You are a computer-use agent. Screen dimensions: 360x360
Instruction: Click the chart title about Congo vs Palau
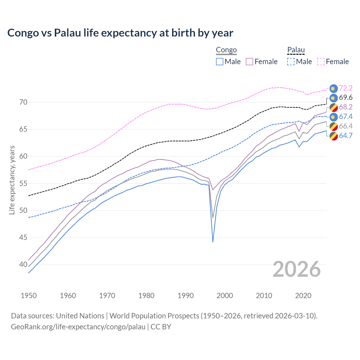[120, 33]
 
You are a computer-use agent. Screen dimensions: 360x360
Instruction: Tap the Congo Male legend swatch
[220, 62]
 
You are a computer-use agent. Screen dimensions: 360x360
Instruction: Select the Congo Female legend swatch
[249, 62]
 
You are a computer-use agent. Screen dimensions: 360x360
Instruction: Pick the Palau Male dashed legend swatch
[291, 62]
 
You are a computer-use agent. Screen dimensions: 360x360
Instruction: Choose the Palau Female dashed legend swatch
[321, 62]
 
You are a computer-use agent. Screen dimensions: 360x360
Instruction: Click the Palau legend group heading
[296, 50]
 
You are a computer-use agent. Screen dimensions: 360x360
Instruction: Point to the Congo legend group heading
[226, 50]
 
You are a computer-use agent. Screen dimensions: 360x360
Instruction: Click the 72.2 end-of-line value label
[346, 88]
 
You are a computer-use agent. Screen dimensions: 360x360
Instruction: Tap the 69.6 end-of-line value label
[346, 98]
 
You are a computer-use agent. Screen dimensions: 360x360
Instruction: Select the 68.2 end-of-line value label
[346, 107]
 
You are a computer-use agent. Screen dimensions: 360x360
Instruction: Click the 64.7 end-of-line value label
[346, 136]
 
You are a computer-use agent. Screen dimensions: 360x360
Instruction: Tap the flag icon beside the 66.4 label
[334, 126]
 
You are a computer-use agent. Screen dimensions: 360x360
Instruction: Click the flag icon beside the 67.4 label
[334, 117]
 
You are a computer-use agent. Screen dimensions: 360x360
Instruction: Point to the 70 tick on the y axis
[23, 102]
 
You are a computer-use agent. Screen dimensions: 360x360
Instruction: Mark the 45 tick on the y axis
[23, 238]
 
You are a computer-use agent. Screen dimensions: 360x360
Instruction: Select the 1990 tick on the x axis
[186, 296]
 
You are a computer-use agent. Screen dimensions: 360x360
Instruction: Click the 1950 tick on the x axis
[29, 296]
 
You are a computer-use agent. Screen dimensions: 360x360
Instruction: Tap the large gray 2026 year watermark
[296, 269]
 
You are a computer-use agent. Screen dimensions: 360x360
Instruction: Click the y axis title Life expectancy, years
[12, 180]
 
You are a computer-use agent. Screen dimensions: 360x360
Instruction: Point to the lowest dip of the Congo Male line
[213, 242]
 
